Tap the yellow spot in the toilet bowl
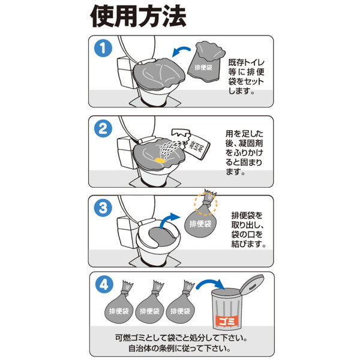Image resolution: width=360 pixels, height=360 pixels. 160,160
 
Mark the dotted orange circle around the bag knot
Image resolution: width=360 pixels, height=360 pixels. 205,203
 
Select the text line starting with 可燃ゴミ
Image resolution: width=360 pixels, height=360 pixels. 181,337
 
